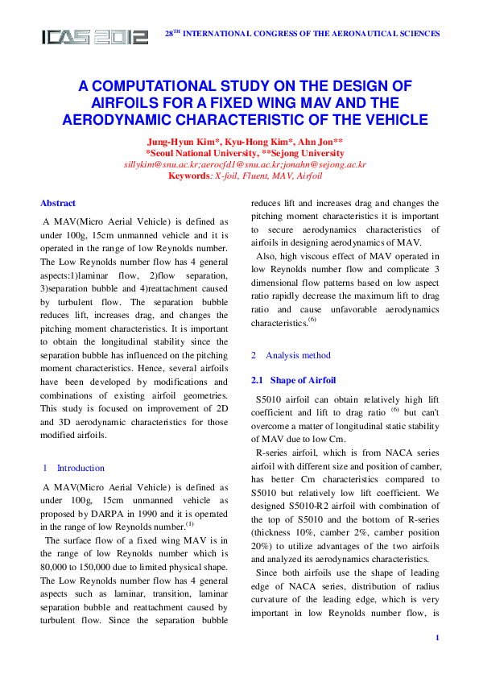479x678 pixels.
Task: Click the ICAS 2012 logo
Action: [95, 37]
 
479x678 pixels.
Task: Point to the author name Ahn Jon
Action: [304, 143]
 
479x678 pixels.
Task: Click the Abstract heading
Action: [58, 204]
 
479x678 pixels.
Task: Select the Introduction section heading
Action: [81, 468]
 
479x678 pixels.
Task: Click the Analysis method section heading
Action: [298, 355]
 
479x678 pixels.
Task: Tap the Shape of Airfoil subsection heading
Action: [303, 380]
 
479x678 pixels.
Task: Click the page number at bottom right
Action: [436, 639]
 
